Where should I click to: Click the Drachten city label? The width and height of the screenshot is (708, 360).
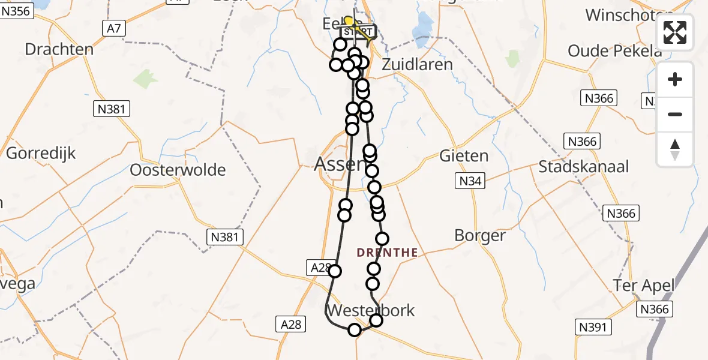coord(59,49)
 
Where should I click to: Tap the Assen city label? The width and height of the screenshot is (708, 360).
coord(339,163)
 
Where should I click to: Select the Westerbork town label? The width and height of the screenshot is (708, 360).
coord(370,311)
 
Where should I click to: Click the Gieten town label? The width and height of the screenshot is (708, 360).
coord(464,156)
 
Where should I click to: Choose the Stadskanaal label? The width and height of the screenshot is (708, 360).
coord(583,167)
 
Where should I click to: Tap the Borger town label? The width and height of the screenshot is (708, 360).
coord(480,235)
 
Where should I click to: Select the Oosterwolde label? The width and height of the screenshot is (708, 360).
coord(178,170)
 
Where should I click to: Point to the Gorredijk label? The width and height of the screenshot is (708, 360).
coord(41,153)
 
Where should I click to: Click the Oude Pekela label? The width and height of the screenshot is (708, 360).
coord(614,51)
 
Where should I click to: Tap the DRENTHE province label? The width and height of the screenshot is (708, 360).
coord(387,253)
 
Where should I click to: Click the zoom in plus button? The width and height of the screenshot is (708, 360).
coord(675,79)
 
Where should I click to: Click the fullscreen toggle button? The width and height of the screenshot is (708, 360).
coord(675,32)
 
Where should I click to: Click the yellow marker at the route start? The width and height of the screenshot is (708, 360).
coord(349,22)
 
